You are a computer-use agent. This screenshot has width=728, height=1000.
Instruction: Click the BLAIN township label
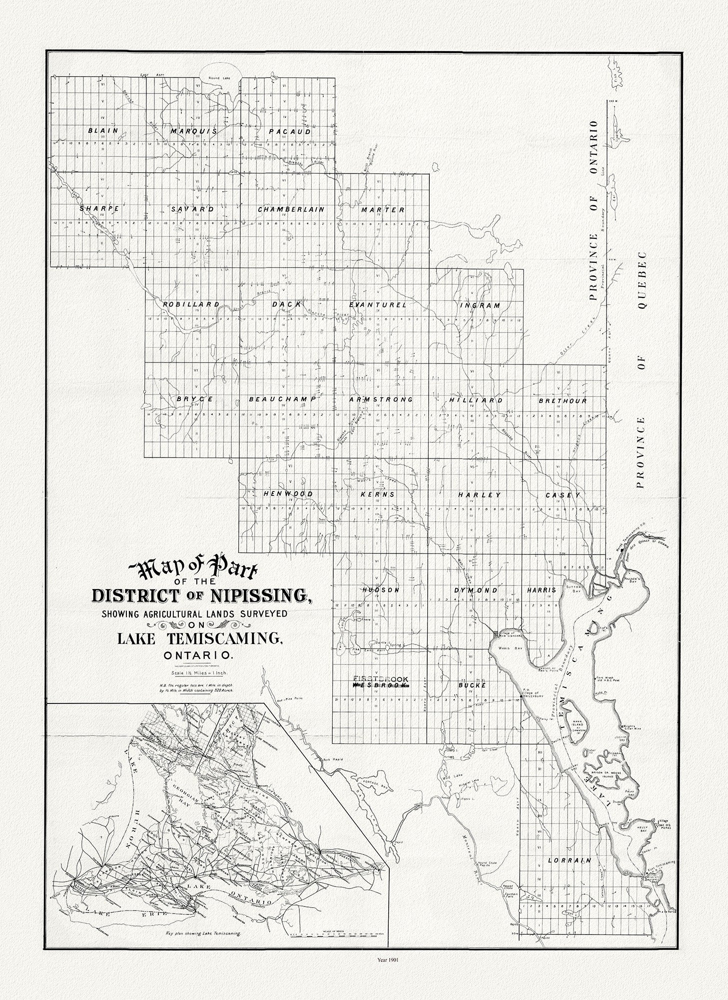click(103, 131)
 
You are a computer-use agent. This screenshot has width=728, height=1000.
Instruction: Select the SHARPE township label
click(99, 208)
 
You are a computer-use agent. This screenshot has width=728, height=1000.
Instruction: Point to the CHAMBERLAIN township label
click(291, 209)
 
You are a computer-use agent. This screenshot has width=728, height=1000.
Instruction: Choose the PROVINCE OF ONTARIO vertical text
click(593, 210)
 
